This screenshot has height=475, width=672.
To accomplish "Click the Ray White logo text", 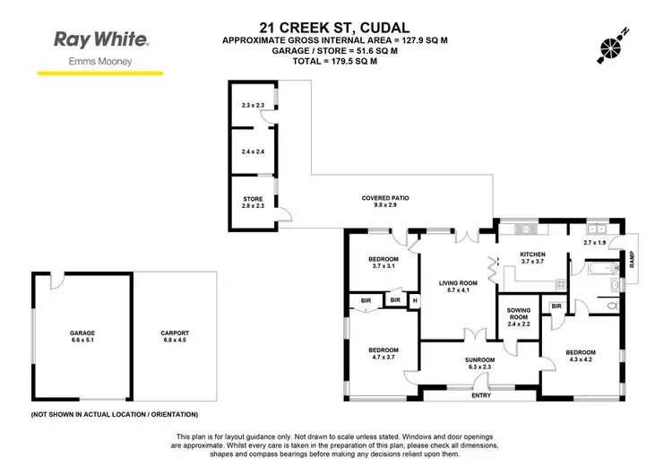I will click(101, 39).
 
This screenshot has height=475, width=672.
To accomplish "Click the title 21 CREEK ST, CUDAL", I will click(336, 28).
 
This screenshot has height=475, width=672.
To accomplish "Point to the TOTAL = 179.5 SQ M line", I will click(335, 65).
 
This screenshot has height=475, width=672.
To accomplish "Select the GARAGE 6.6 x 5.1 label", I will click(82, 336).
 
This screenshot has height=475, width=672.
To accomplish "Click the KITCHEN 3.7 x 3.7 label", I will click(533, 257).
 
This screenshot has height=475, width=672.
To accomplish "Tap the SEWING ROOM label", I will click(519, 315).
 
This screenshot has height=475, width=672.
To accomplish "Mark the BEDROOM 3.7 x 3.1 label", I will click(383, 263).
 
